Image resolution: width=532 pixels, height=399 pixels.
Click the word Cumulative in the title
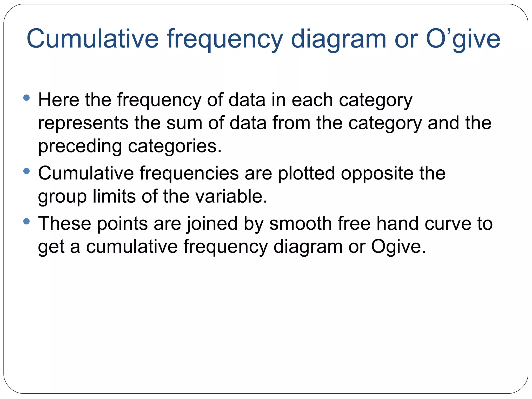coord(92,39)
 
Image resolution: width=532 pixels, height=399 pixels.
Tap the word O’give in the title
coord(463,39)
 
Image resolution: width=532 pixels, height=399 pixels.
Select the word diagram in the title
coord(338,39)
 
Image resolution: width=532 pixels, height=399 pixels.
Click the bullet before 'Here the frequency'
coord(26,98)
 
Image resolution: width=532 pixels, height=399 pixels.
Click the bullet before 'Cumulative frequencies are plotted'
coord(26,171)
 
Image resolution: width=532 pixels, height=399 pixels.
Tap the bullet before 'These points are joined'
coord(26,221)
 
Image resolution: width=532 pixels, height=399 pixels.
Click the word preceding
coord(80,146)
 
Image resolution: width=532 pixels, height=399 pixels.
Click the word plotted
coord(306,173)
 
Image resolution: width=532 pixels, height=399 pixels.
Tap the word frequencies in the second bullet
coord(189,173)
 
